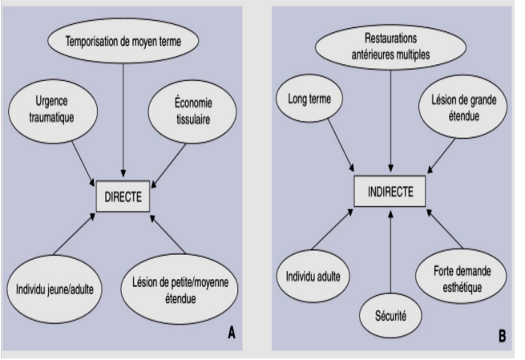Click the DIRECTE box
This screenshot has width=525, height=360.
[123, 196]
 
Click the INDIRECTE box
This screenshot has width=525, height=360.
[390, 191]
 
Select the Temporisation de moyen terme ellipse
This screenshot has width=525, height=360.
[123, 41]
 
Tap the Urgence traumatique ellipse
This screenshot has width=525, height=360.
[53, 110]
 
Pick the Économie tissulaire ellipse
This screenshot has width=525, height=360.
[192, 111]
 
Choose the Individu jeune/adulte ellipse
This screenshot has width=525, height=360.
[55, 289]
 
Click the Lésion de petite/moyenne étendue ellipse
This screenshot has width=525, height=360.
[180, 289]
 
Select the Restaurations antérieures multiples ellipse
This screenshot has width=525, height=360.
[390, 47]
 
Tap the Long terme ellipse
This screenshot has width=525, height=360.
[309, 99]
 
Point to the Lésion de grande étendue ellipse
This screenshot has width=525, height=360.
[462, 107]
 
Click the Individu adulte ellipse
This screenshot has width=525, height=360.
[313, 277]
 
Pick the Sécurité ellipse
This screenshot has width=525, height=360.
[390, 315]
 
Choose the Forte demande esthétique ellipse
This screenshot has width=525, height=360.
[462, 278]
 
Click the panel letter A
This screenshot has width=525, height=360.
[232, 334]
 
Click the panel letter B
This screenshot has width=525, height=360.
[502, 336]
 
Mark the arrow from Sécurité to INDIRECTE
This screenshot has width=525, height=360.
[390, 250]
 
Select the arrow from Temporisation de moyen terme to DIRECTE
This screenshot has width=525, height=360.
[123, 120]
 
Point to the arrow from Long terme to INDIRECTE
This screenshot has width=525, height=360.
[341, 145]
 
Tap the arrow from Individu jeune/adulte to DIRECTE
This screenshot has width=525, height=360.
[74, 234]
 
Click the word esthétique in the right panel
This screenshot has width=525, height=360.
[462, 287]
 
